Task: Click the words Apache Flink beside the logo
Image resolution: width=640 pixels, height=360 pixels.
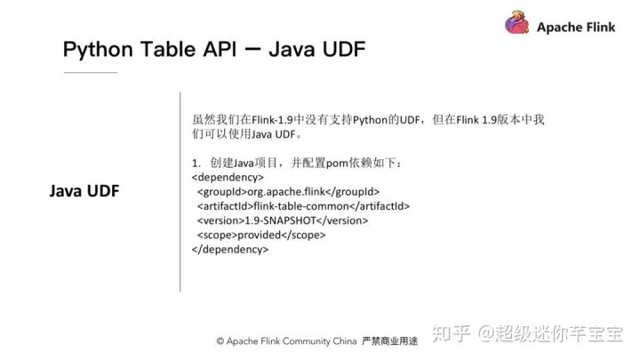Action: click(576, 28)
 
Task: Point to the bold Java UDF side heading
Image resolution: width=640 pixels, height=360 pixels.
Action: click(84, 192)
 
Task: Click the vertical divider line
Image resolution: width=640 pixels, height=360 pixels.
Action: click(180, 191)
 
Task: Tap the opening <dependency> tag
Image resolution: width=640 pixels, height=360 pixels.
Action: click(228, 177)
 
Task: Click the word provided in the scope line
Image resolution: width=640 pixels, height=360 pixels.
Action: click(261, 235)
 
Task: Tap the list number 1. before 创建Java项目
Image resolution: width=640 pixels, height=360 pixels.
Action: click(196, 163)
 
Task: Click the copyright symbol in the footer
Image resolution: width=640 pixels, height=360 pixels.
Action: click(220, 341)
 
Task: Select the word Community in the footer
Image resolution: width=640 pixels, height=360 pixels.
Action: click(308, 341)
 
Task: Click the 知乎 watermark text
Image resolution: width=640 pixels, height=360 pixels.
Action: click(450, 333)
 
